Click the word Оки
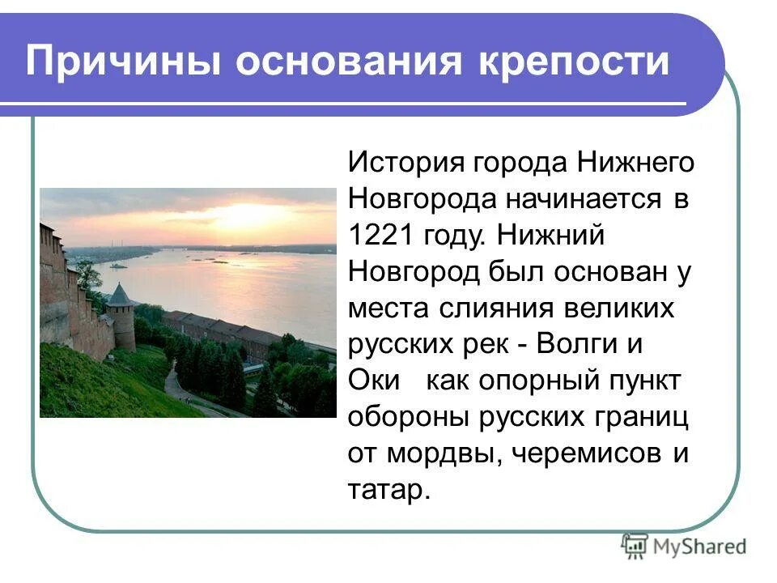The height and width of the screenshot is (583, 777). click(x=374, y=381)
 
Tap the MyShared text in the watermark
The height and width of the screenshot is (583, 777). click(x=699, y=546)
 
